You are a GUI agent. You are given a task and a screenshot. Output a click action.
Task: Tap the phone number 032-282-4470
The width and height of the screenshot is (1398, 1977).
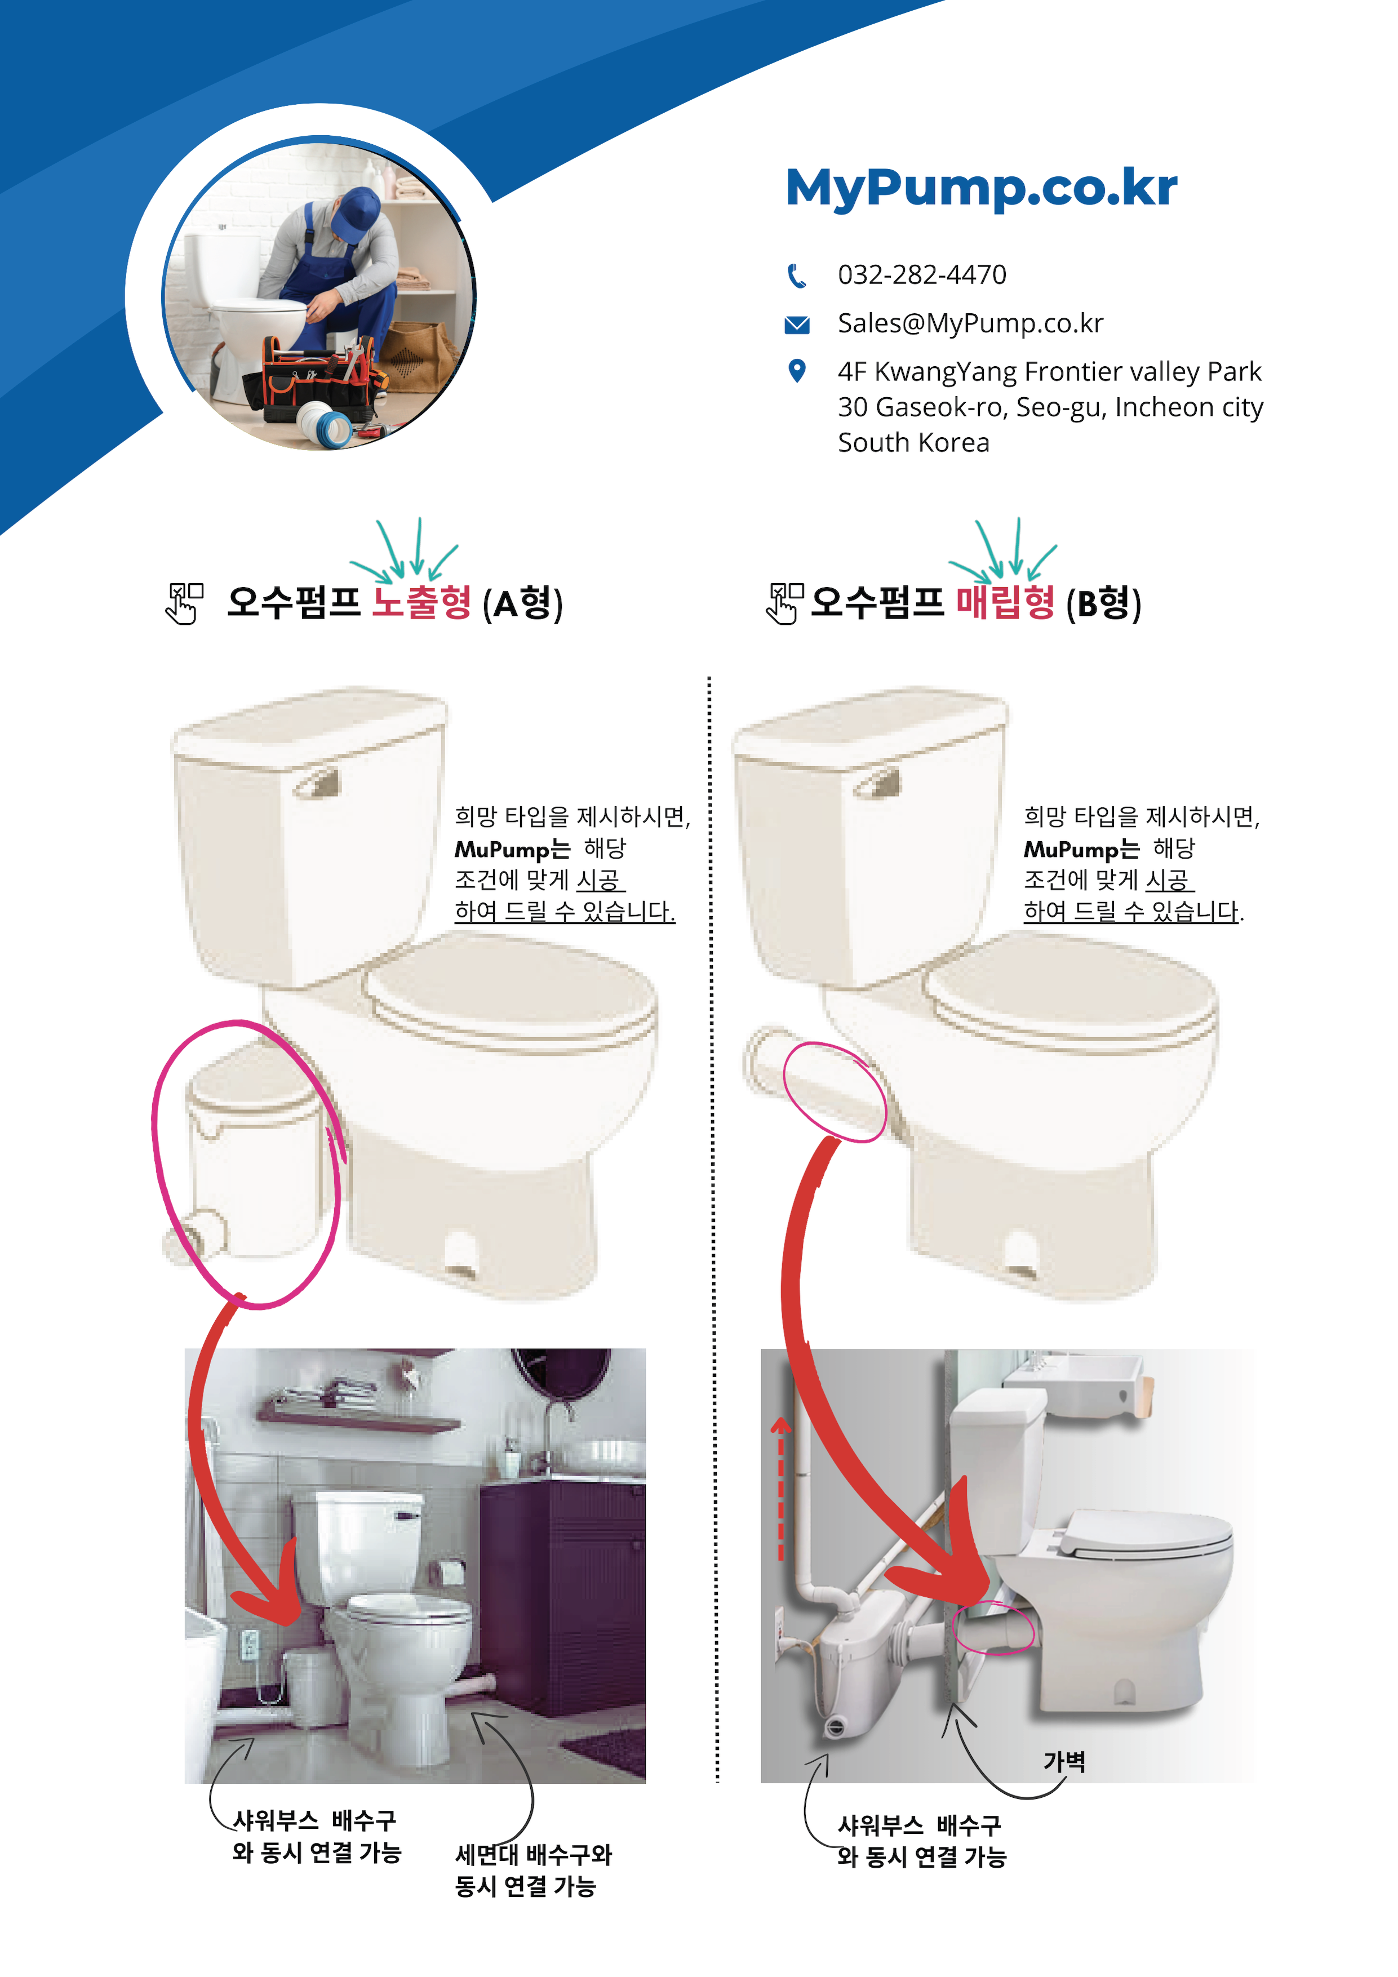(922, 275)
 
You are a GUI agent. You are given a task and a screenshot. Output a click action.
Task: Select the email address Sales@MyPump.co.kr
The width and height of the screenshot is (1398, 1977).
(970, 323)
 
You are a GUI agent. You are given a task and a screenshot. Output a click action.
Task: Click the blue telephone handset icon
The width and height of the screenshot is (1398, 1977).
(797, 276)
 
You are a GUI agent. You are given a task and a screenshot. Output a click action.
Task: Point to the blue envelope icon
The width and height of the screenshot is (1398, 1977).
(797, 325)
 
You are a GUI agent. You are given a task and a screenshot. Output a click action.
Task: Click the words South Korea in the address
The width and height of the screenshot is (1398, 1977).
(913, 443)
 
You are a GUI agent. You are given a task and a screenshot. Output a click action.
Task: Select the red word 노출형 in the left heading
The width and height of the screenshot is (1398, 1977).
(421, 602)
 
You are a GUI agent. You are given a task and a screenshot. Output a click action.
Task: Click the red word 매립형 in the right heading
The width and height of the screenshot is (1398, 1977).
(1005, 602)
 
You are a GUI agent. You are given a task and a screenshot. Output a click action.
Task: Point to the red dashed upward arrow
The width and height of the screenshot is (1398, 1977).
(780, 1490)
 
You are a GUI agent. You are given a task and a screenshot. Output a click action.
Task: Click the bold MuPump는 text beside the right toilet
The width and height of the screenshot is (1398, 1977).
(1080, 850)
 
